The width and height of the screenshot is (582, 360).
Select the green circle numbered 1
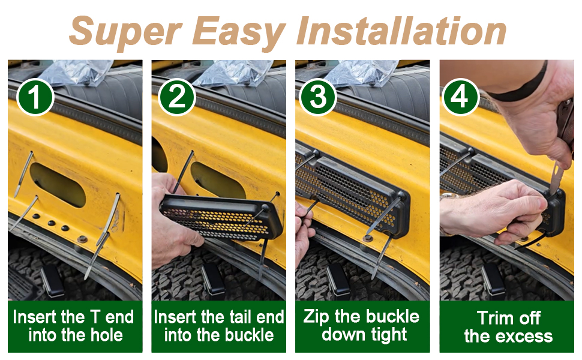(x=35, y=97)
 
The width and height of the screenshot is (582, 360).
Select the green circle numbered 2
(x=176, y=97)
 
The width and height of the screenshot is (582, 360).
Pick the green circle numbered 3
(x=318, y=97)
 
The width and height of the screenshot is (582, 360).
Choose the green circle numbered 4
(x=460, y=97)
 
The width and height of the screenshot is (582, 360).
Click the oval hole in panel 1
(x=58, y=184)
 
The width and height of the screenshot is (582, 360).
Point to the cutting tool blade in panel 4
(x=556, y=178)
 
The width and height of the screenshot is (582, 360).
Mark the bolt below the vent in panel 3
(x=368, y=238)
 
